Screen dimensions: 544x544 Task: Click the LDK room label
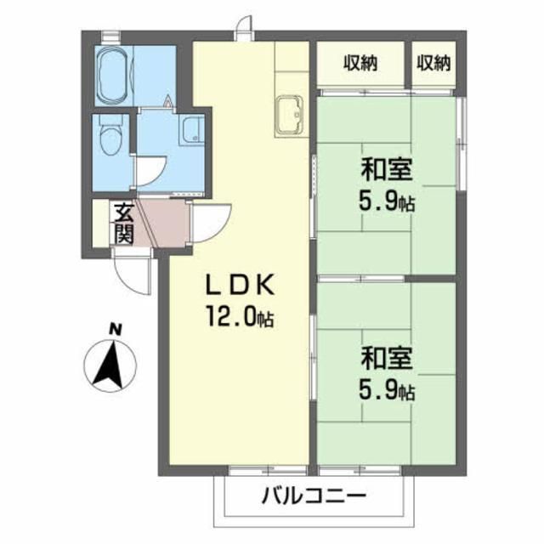(x=241, y=285)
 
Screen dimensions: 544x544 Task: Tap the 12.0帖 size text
(x=241, y=316)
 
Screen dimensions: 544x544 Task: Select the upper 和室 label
(x=387, y=169)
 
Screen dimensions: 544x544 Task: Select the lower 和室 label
(x=387, y=358)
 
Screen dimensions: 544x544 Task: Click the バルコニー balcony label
(x=314, y=496)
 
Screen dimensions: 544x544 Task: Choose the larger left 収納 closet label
(x=360, y=64)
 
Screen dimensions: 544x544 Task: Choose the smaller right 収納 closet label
(x=433, y=64)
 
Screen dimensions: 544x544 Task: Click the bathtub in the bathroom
(x=113, y=76)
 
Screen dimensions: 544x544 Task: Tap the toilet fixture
(x=111, y=136)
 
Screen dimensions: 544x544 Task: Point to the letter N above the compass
(x=116, y=329)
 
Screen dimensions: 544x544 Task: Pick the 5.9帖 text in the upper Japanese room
(x=387, y=201)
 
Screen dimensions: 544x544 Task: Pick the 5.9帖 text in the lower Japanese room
(x=387, y=391)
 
